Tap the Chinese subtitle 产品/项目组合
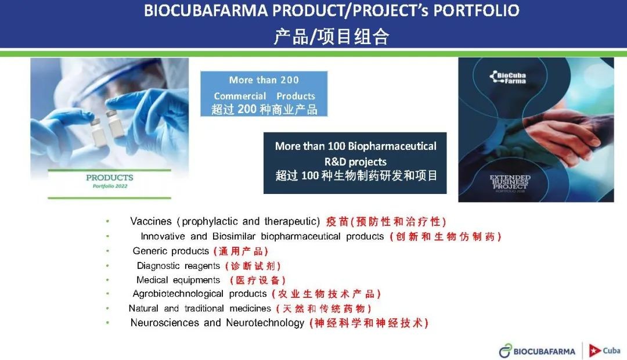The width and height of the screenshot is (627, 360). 331,37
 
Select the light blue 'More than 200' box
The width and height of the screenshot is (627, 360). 264,94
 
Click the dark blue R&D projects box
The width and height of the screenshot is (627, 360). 355,163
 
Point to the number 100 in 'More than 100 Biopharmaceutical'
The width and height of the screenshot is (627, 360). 336,146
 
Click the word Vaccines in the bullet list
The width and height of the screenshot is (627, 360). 151,221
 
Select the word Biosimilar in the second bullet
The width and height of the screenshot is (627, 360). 234,236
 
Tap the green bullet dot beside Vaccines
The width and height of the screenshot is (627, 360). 107,221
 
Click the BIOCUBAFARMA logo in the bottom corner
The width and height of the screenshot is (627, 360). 537,351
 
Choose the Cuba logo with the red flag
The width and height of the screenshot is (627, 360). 604,350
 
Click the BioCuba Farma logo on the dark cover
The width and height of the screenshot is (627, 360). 508,77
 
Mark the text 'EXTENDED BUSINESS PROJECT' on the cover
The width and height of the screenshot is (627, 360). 510,182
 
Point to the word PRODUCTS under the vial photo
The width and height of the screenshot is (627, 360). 110,178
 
